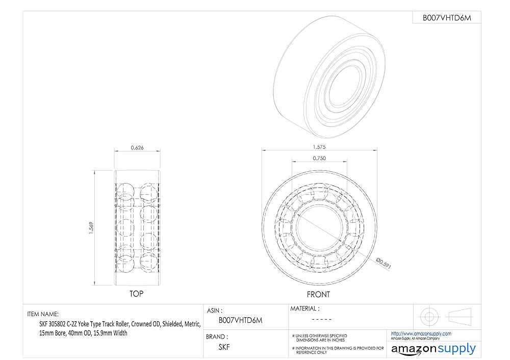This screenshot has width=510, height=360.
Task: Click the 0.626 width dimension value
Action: pyautogui.click(x=137, y=148)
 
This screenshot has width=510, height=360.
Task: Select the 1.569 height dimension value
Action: pyautogui.click(x=91, y=228)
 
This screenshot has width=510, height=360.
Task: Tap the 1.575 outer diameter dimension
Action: pyautogui.click(x=319, y=147)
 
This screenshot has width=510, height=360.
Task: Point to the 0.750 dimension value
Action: pyautogui.click(x=319, y=158)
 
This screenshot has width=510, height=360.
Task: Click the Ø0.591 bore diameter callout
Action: pyautogui.click(x=384, y=263)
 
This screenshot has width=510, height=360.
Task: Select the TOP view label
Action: pyautogui.click(x=136, y=294)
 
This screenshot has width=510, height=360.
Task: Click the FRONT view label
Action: pyautogui.click(x=318, y=294)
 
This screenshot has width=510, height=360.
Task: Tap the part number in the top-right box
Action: pyautogui.click(x=447, y=18)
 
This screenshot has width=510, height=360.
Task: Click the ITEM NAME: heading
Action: pyautogui.click(x=43, y=314)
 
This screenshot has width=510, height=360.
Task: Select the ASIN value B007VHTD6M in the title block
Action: pyautogui.click(x=240, y=320)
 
